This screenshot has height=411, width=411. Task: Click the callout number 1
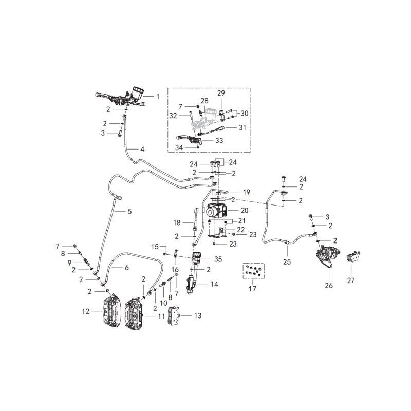click(x=158, y=97)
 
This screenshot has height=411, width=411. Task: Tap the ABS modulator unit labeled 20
click(x=216, y=211)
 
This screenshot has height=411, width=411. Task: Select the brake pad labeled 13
click(x=174, y=315)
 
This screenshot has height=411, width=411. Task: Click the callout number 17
click(x=252, y=289)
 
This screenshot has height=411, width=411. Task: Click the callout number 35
click(x=218, y=259)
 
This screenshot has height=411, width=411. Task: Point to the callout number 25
click(x=287, y=261)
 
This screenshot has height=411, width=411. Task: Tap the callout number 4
click(x=142, y=149)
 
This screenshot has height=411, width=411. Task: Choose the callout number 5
click(x=129, y=211)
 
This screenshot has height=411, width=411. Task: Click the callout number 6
click(x=127, y=267)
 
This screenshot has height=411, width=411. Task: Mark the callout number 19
click(x=247, y=192)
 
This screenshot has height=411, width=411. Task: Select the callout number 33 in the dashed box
click(x=219, y=140)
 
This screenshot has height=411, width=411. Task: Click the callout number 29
click(x=221, y=93)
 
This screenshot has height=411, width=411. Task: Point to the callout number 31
click(x=242, y=127)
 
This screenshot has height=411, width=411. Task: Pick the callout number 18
click(x=177, y=222)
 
